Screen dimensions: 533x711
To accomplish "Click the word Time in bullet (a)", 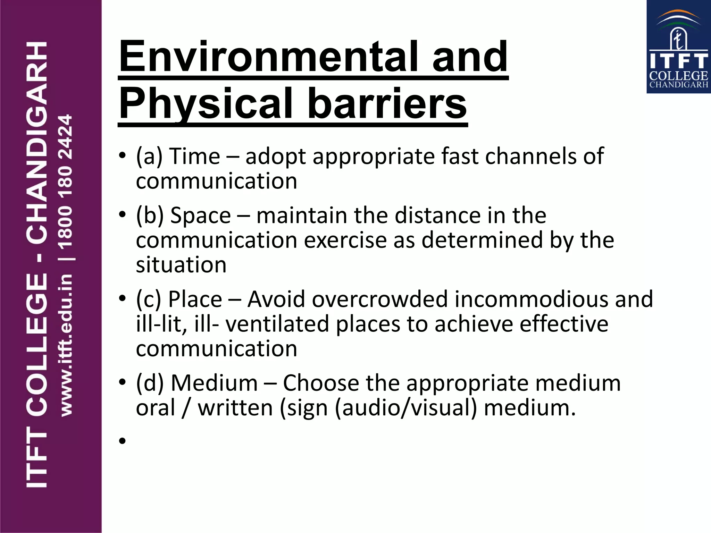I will (195, 156).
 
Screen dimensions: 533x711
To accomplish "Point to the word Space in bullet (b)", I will (201, 215).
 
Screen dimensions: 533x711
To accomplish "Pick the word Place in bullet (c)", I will (195, 299).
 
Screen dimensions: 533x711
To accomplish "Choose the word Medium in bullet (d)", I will (214, 383).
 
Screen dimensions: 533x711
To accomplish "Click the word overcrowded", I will (380, 299).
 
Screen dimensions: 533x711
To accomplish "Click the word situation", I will (181, 265).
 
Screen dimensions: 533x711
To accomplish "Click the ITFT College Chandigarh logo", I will (678, 47).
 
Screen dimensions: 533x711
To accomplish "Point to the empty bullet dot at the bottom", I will (122, 441).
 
